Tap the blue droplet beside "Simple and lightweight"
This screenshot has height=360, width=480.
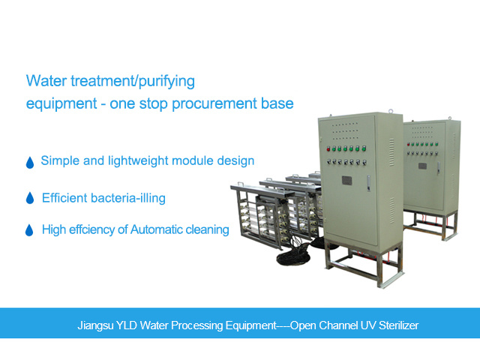pos(31,162)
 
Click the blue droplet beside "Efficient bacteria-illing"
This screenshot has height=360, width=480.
pos(31,199)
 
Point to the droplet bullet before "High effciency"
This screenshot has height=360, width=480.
pos(31,230)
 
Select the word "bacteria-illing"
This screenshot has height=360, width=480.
pos(126,198)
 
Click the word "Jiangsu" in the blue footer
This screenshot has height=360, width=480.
pos(95,326)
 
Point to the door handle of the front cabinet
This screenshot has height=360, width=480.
pos(369,182)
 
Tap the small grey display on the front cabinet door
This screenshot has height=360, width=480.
pos(346,181)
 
